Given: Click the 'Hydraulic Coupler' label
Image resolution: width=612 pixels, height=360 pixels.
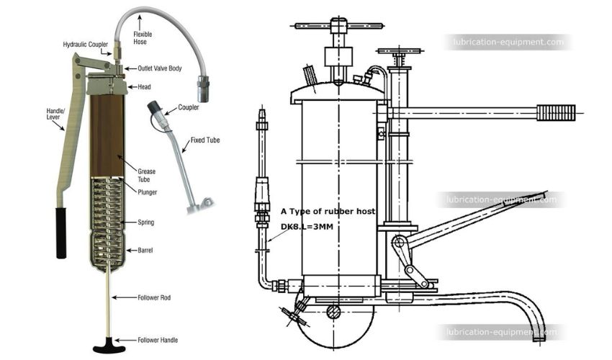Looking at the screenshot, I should pos(85,44).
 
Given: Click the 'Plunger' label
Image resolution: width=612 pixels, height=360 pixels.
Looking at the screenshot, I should pos(147,192).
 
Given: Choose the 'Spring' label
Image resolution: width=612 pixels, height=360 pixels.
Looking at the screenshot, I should pos(145,222).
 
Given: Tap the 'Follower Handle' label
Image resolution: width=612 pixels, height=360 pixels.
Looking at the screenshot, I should pos(158,340).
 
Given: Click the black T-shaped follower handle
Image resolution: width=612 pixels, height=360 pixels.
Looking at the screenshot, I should pos(109,342).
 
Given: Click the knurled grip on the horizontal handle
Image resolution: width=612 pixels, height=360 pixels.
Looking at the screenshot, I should pos(557,113).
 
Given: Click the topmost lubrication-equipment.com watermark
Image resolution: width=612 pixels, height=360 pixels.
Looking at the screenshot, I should pos(508,42).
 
